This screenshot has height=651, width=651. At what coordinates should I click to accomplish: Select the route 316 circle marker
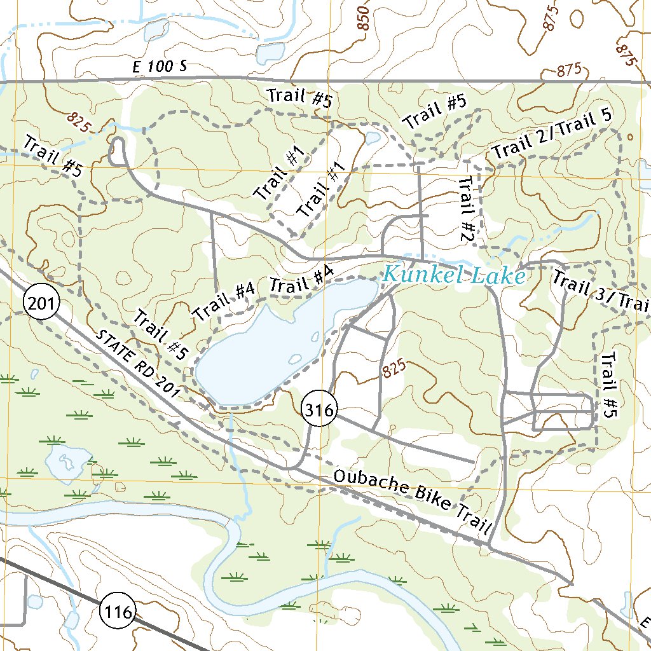(x=319, y=411)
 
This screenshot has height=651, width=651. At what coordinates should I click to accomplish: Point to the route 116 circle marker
(x=118, y=613)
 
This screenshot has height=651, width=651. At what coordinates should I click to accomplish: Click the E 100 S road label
(x=160, y=67)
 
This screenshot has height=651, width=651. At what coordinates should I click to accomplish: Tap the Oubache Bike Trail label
(x=413, y=502)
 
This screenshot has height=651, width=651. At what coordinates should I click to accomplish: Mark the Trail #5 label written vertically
(x=608, y=385)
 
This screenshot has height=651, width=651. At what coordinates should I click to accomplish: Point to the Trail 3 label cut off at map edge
(x=600, y=292)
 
